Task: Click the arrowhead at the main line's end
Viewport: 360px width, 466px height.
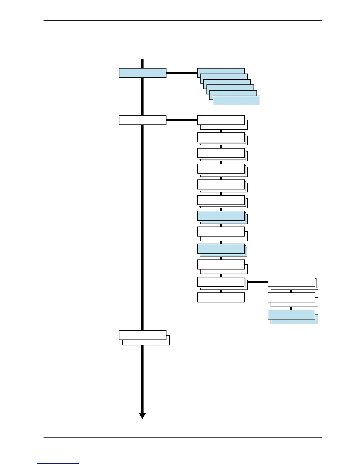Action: pos(142,415)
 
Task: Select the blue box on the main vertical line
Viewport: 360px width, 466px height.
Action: pos(142,73)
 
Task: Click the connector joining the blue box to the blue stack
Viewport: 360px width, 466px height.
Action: pos(181,73)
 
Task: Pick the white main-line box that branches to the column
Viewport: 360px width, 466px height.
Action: pos(142,120)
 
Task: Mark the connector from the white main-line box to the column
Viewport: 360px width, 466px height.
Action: pos(181,120)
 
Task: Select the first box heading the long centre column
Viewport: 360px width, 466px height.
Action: pos(221,120)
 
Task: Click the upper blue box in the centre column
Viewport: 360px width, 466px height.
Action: pos(221,216)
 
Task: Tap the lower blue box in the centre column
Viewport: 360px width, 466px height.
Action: pos(221,249)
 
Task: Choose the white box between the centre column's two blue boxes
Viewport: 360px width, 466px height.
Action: pos(221,232)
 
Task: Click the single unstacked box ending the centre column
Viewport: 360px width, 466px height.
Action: pos(221,297)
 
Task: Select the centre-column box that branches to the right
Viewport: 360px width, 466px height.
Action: pos(221,282)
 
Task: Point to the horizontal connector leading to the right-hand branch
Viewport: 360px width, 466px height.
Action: pos(257,282)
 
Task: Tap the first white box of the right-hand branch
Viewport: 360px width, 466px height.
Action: pos(291,282)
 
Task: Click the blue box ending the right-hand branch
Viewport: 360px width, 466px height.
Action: pos(291,314)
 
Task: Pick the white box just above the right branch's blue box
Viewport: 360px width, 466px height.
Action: pos(291,297)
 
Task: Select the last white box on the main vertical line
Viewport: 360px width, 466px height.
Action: pos(142,335)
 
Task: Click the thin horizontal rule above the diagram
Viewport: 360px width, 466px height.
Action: pos(183,20)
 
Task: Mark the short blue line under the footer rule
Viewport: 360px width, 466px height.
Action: pos(58,464)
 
